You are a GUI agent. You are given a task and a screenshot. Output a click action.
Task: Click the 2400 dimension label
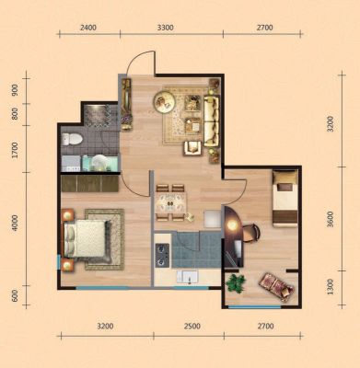click(x=88, y=28)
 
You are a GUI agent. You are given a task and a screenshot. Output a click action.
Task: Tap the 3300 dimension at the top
click(x=166, y=28)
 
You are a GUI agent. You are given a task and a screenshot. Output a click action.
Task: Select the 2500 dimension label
click(x=192, y=326)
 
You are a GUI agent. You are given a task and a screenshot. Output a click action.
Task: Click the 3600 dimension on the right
click(x=331, y=219)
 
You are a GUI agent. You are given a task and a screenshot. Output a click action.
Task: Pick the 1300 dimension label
click(x=331, y=287)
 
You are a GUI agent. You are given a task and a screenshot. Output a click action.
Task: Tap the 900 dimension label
click(x=15, y=90)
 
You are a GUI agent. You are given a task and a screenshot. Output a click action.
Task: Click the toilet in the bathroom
click(x=72, y=139)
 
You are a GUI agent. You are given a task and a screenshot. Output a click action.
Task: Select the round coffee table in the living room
click(x=165, y=101)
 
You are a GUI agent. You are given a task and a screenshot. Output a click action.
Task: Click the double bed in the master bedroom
click(x=87, y=238)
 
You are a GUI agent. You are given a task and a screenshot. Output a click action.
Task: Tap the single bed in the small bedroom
click(x=285, y=199)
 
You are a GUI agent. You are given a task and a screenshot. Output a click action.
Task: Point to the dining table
click(x=170, y=203)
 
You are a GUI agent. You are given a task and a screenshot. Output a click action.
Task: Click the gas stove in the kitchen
click(x=162, y=255)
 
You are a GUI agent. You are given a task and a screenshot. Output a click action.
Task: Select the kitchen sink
click(x=187, y=277)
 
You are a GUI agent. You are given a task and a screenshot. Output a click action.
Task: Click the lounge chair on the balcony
click(x=276, y=287)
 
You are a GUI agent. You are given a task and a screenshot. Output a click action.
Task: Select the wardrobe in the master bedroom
click(x=90, y=183)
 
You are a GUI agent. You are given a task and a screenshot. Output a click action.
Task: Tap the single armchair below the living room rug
click(x=192, y=148)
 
